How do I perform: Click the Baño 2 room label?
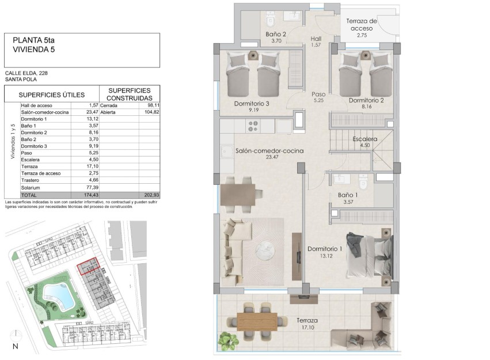[x=276, y=35]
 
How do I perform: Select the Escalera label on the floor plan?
[x=364, y=139]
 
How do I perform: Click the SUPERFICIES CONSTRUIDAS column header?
[x=130, y=94]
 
